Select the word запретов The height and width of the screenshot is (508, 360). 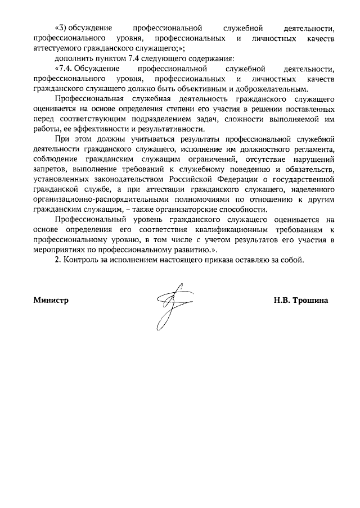point(49,169)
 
